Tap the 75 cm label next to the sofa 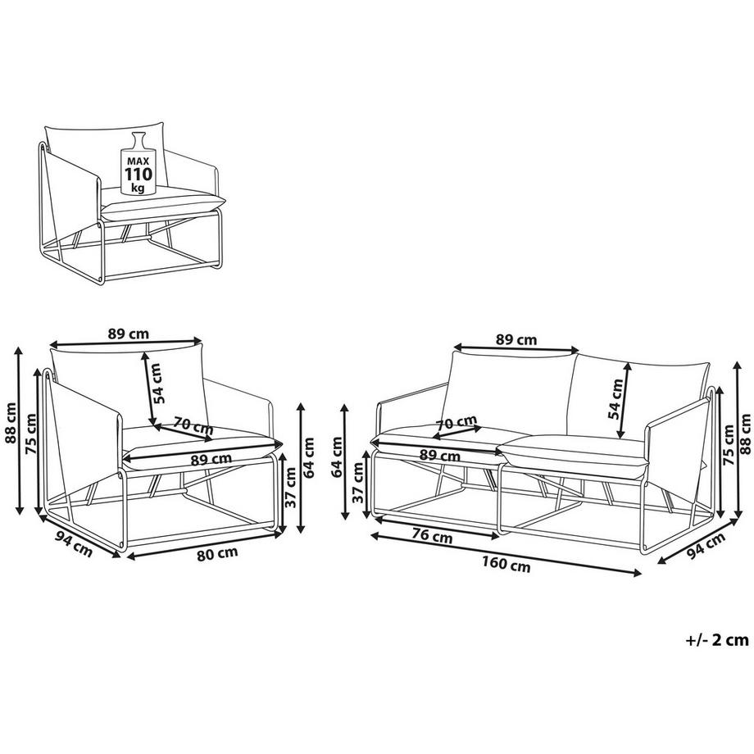[727, 447]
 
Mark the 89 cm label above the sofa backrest [516, 339]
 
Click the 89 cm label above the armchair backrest [128, 334]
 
